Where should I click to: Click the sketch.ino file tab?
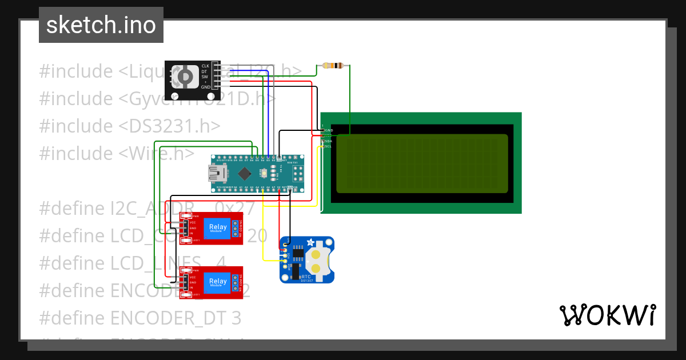pos(101,25)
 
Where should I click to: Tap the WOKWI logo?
pos(607,315)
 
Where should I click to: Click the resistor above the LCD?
pos(333,66)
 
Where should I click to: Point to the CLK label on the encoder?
pos(205,66)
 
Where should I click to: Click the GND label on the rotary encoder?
pos(206,87)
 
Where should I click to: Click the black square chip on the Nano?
pos(245,172)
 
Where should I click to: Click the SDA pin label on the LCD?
pos(329,141)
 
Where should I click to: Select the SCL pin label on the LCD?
pos(329,147)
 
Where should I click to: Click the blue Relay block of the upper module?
pos(218,228)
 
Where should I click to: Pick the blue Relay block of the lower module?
pos(218,282)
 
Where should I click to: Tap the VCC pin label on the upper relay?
pos(193,222)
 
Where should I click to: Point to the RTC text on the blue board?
pos(306,276)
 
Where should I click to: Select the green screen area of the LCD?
pos(422,163)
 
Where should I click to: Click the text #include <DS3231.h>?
pos(130,126)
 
